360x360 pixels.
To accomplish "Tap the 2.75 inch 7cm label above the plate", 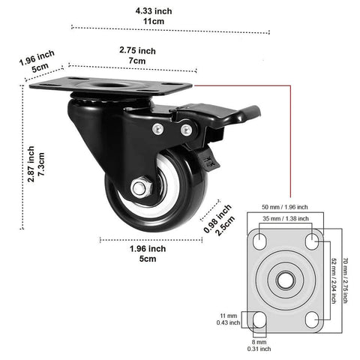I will (137, 55).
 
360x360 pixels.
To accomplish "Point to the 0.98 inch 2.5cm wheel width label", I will (218, 219).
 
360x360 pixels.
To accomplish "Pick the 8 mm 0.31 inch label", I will (259, 344).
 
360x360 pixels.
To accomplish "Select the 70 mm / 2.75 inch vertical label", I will (346, 281).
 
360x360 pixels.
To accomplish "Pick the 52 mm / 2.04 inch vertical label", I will (333, 281).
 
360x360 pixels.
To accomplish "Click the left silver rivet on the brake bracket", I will (156, 129).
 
